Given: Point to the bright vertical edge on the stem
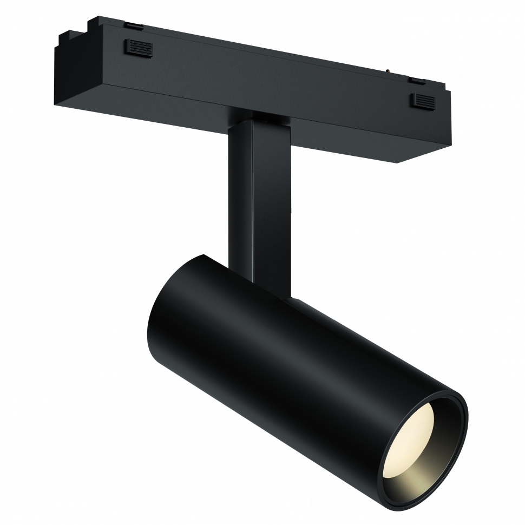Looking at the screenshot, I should coord(250,206).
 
